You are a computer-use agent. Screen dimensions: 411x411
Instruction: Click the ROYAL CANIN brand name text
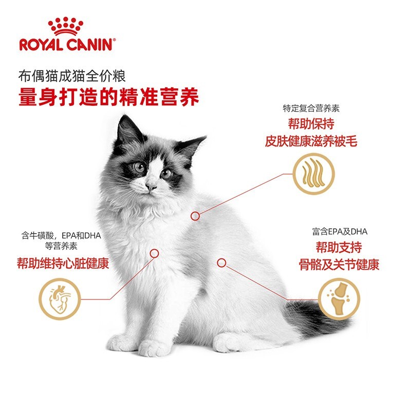coord(65,44)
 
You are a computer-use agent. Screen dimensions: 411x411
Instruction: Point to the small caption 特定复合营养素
coord(311,108)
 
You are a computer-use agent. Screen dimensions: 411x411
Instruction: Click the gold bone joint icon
coord(338,297)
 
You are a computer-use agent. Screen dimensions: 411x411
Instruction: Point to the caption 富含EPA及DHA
coord(340,232)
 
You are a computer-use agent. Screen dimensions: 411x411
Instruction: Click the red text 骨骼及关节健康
coord(340,265)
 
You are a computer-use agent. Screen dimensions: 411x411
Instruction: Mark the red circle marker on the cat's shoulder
coord(195,216)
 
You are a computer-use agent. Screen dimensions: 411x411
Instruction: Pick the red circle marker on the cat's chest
coord(154,253)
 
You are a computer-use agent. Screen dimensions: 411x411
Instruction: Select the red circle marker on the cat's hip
coord(221,263)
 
